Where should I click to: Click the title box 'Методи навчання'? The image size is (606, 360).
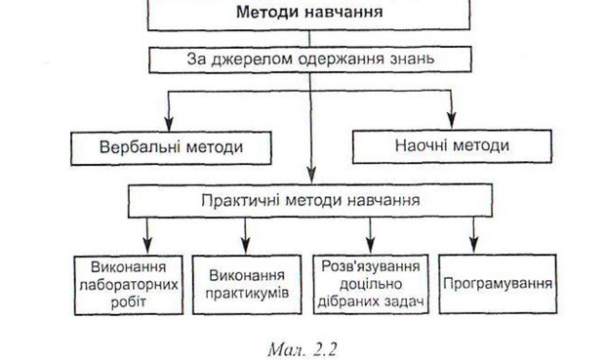(x=309, y=14)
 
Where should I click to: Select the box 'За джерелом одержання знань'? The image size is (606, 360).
(x=309, y=59)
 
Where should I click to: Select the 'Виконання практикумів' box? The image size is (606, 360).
(x=246, y=284)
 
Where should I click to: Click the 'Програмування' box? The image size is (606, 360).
(x=498, y=284)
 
